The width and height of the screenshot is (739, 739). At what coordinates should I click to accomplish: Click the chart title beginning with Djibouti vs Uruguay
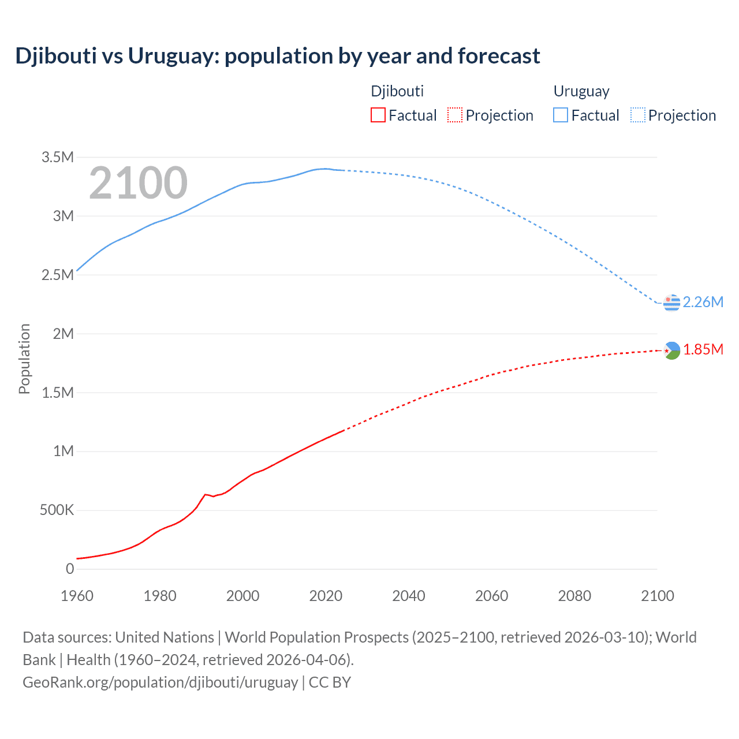tap(277, 56)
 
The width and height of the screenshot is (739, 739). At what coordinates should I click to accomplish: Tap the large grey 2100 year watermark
tap(138, 183)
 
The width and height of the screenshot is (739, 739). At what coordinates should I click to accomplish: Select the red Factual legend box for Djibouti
tap(378, 115)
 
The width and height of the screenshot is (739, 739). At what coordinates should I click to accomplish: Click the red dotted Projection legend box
tap(455, 115)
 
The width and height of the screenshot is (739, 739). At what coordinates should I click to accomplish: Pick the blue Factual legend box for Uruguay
tap(560, 115)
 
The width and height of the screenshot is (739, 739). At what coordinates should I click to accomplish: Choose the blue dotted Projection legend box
tap(637, 115)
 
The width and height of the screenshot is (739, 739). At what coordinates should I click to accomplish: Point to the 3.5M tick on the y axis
tap(58, 157)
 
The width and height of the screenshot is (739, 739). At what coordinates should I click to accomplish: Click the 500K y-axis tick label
tap(57, 510)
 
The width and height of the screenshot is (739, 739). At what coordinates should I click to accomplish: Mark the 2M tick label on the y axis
tap(64, 334)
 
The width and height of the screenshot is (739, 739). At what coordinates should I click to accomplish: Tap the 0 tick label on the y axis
tap(70, 569)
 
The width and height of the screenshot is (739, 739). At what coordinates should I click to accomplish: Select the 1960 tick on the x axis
tap(77, 596)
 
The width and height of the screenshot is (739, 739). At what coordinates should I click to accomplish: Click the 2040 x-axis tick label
tap(409, 596)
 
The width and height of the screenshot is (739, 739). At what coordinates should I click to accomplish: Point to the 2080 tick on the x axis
tap(574, 596)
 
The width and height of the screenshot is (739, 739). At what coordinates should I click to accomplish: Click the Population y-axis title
tap(24, 359)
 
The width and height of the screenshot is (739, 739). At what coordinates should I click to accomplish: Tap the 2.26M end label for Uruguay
tap(703, 302)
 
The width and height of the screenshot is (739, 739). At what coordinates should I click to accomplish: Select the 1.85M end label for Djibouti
tap(703, 349)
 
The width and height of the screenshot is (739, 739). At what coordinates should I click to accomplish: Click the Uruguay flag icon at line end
tap(671, 302)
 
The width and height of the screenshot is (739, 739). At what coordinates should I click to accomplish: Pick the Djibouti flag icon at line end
tap(671, 350)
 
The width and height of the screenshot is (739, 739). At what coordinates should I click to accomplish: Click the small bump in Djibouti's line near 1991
tap(205, 494)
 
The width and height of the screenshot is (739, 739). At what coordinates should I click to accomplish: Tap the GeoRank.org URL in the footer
tap(160, 682)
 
